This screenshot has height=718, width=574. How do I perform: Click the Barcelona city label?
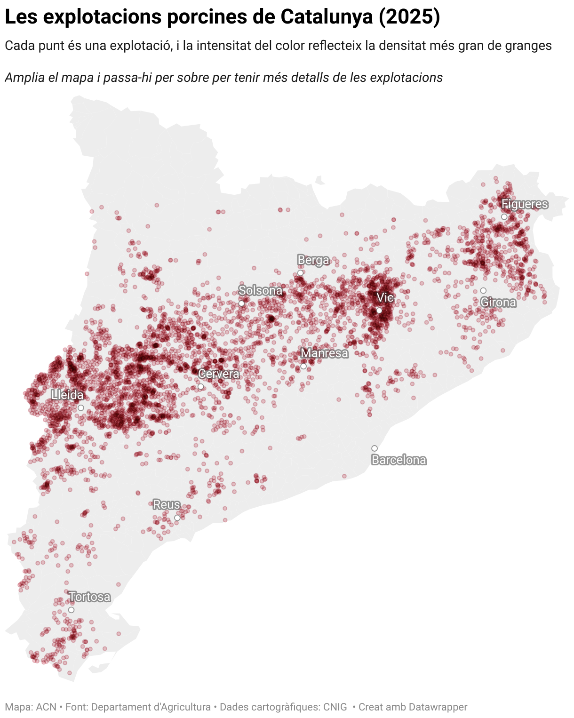click(x=399, y=460)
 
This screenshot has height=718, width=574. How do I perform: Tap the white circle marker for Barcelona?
click(x=375, y=448)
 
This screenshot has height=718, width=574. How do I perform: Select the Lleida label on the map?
click(x=67, y=395)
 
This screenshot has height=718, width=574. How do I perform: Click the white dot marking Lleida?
click(x=81, y=408)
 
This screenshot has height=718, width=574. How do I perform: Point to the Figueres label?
click(x=525, y=204)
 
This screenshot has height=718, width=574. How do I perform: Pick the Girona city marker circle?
click(x=483, y=290)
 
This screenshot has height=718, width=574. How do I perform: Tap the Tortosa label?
click(x=90, y=597)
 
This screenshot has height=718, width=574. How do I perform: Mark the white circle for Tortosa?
click(x=71, y=610)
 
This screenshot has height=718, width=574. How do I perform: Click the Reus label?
click(x=167, y=504)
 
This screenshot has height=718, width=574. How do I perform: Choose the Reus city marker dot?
click(x=177, y=518)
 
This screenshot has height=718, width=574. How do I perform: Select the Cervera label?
click(x=219, y=374)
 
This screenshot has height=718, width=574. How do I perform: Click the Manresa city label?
click(x=325, y=353)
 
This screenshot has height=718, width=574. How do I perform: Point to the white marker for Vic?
click(x=379, y=311)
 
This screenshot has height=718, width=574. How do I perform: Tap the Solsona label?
click(x=260, y=290)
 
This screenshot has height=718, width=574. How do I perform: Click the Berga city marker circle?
click(x=301, y=273)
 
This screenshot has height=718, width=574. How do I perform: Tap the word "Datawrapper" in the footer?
click(x=438, y=707)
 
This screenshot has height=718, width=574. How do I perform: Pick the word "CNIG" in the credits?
click(x=335, y=707)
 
